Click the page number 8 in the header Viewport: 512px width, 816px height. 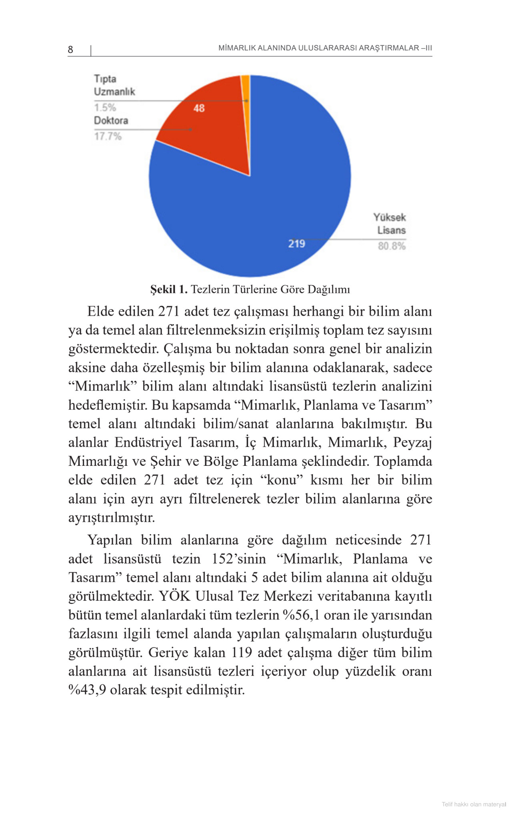(70, 50)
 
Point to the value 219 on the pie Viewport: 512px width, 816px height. (297, 244)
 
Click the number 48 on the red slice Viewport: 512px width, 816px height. (199, 108)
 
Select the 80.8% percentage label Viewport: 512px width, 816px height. (392, 246)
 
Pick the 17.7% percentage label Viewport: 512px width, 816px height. (108, 136)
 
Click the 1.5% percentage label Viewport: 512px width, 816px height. (105, 108)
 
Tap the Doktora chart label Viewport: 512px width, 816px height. (111, 120)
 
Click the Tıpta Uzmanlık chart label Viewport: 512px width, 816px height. (114, 85)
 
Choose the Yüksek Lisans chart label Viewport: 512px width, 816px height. (390, 224)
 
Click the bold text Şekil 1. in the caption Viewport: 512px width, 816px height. (168, 289)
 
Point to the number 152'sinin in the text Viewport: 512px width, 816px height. (239, 559)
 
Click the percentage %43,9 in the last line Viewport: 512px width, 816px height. (87, 690)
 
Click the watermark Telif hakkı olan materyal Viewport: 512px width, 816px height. (474, 804)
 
